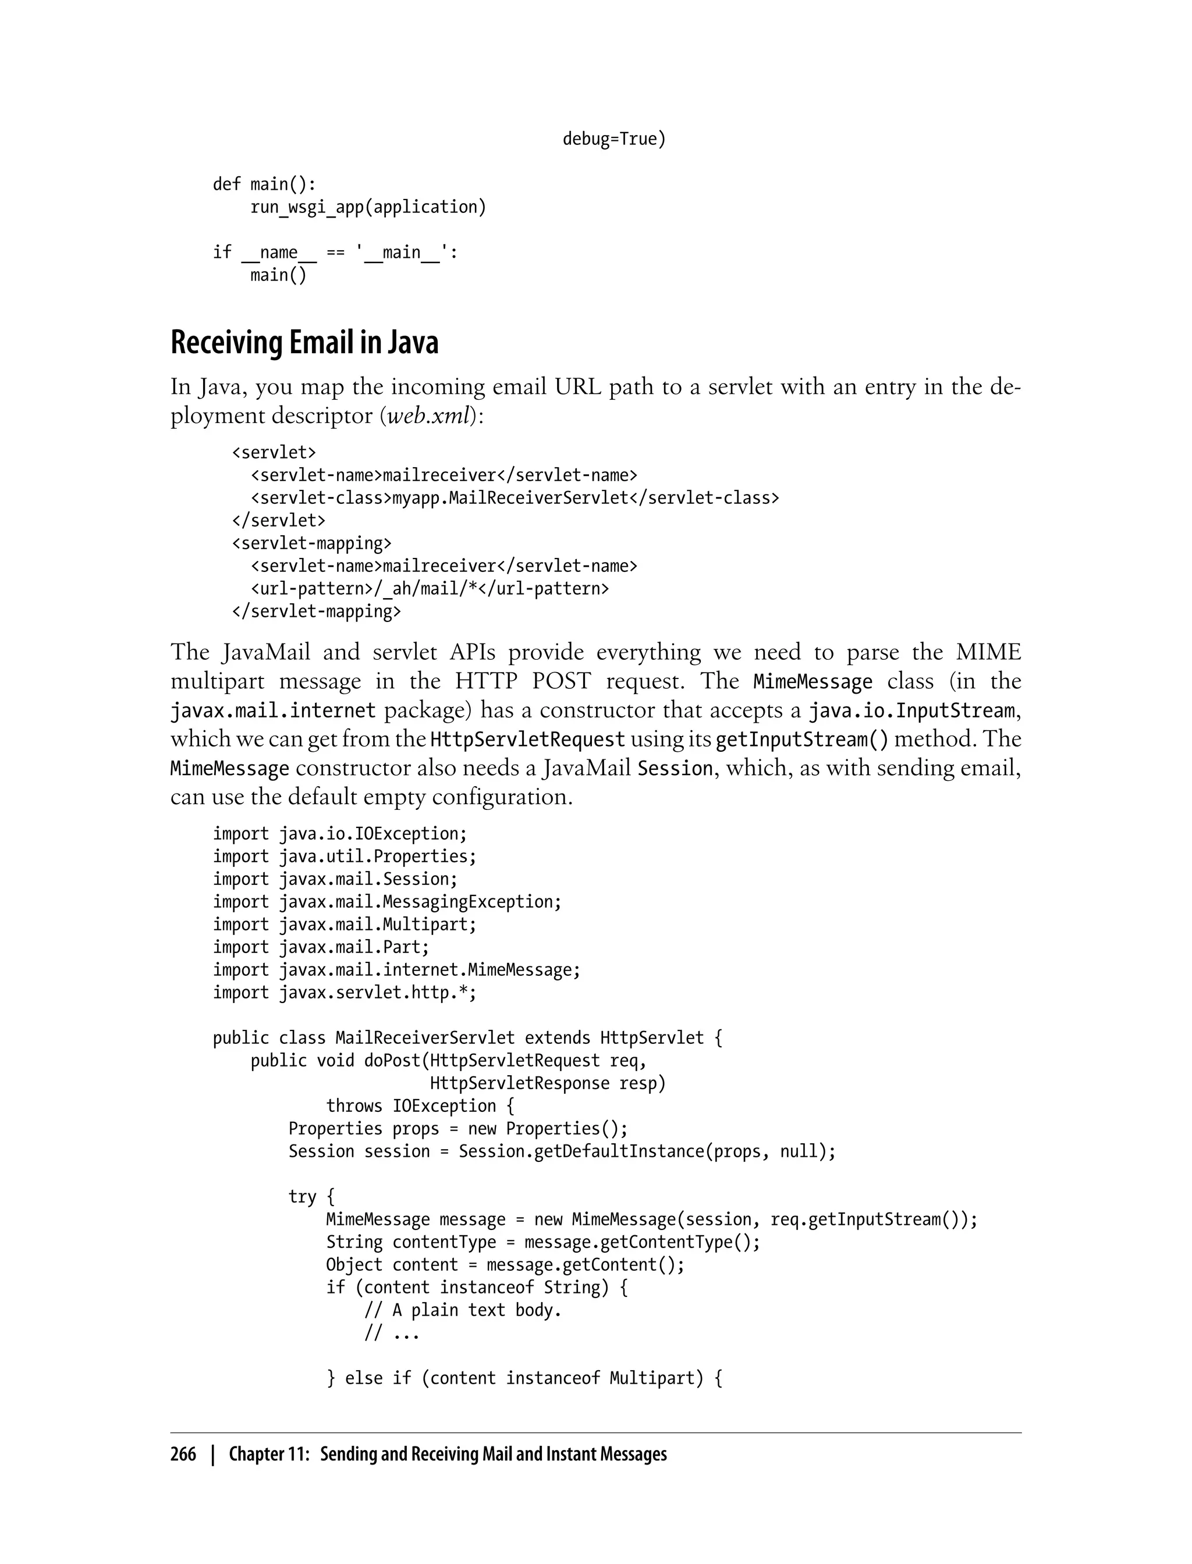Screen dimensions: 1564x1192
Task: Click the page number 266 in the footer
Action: point(183,1454)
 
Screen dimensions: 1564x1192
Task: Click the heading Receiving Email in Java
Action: point(304,343)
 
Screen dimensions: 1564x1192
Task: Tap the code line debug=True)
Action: point(615,139)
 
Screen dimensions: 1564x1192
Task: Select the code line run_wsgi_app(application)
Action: point(368,207)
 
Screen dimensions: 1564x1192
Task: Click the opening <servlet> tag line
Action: point(274,452)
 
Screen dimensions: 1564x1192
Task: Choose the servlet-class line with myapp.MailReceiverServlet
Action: point(515,498)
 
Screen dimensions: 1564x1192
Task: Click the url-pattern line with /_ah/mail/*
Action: point(430,589)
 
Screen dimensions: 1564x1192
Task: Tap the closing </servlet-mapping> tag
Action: point(317,612)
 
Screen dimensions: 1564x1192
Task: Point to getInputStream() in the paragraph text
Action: point(802,740)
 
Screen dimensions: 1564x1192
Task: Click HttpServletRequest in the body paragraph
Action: point(528,740)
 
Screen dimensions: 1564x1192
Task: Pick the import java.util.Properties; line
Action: point(345,856)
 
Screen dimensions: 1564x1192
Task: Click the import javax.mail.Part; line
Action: point(321,947)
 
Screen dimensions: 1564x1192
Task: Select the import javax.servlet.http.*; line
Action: point(345,992)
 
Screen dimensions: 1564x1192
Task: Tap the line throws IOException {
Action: point(421,1106)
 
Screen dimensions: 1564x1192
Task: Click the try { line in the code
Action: point(311,1197)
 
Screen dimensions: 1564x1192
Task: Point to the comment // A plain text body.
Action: point(463,1310)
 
